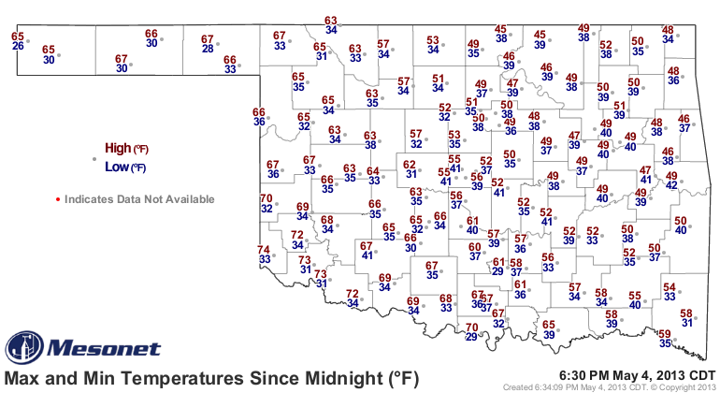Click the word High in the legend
tap(118, 148)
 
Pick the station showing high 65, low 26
tap(18, 41)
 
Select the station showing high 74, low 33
tap(265, 255)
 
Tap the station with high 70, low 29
tap(472, 332)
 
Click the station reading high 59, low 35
tap(665, 339)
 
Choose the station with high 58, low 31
tap(686, 318)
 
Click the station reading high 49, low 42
tap(671, 181)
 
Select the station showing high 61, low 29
tap(498, 267)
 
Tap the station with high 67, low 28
tap(208, 44)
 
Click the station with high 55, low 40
tap(634, 299)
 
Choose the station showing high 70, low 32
tap(266, 203)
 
